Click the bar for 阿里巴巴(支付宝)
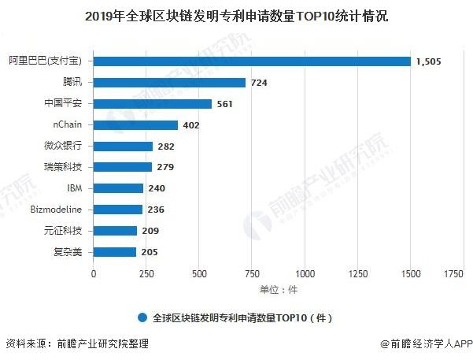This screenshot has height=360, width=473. tap(252, 61)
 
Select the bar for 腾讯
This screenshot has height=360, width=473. tap(170, 82)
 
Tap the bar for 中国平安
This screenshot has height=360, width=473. tap(153, 103)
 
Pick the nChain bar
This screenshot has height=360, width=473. tap(136, 124)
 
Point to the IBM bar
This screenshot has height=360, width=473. tap(119, 188)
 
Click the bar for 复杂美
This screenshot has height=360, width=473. tap(115, 252)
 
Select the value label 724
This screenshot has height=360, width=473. tap(260, 82)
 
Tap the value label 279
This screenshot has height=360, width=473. tap(166, 167)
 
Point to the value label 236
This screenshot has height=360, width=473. tap(157, 210)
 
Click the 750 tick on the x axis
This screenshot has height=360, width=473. tap(252, 273)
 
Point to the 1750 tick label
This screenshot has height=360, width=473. tap(453, 273)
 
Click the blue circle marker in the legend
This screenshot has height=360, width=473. tap(142, 317)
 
